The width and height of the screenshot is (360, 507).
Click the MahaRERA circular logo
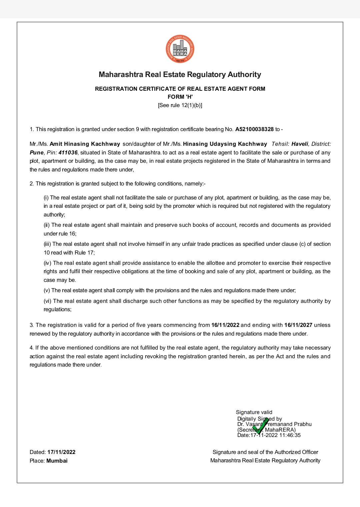[x=180, y=49]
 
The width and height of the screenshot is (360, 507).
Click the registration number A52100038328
[x=254, y=129]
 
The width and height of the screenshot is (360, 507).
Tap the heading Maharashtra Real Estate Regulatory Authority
[x=180, y=75]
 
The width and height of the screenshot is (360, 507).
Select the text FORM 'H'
[x=180, y=97]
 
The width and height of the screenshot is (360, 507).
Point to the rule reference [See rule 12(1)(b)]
[x=180, y=105]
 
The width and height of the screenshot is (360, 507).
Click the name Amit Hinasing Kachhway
[x=85, y=144]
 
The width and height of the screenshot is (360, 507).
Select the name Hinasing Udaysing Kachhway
[x=225, y=144]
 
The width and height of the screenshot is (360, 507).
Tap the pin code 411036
[x=68, y=153]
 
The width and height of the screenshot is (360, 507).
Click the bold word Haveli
[x=300, y=144]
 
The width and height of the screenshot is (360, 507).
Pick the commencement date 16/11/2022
[x=225, y=325]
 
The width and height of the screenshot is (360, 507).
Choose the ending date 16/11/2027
[x=298, y=325]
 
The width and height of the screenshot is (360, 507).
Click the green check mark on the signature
[x=260, y=426]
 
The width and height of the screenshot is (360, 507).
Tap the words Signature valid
[x=254, y=412]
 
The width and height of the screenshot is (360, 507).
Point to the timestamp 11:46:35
[x=290, y=435]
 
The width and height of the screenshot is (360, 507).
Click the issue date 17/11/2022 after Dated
[x=61, y=452]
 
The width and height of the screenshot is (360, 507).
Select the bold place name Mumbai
[x=57, y=461]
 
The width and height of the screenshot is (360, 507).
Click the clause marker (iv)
[x=48, y=263]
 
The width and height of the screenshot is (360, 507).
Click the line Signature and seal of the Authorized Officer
[x=265, y=452]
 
